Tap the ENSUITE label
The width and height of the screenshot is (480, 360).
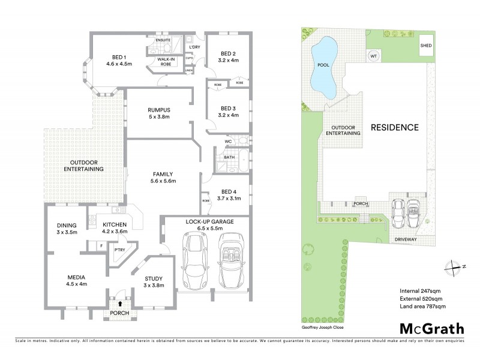coord(163,40)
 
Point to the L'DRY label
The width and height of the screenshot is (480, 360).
coord(194,47)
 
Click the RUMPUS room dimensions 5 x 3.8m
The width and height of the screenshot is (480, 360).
coord(159,118)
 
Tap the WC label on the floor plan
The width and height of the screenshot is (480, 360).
coord(228,142)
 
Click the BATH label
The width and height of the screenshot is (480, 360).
coord(229,158)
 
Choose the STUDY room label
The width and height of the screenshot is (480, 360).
coord(154,277)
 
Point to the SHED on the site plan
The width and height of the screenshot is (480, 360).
coord(425,45)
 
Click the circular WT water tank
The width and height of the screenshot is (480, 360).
coord(373,55)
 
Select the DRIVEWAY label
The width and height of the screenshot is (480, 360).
coord(405,238)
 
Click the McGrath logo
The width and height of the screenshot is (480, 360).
coord(432,328)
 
